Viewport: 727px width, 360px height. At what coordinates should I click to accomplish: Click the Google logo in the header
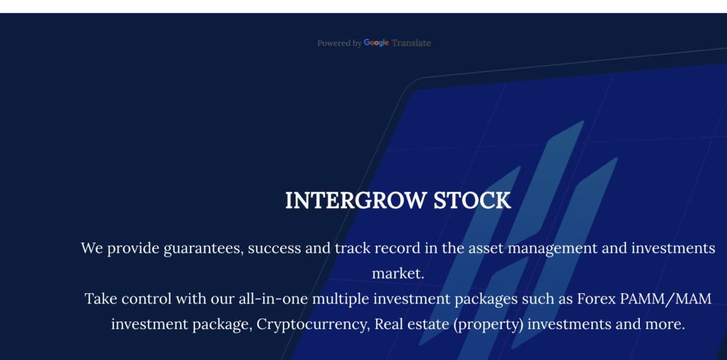pyautogui.click(x=376, y=43)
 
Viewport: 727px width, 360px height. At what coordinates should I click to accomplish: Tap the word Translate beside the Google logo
pyautogui.click(x=411, y=43)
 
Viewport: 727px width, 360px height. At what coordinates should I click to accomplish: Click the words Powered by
pyautogui.click(x=339, y=43)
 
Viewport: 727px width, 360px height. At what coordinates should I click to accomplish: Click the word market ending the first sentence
pyautogui.click(x=397, y=274)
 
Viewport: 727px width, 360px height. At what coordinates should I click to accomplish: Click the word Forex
pyautogui.click(x=597, y=299)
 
